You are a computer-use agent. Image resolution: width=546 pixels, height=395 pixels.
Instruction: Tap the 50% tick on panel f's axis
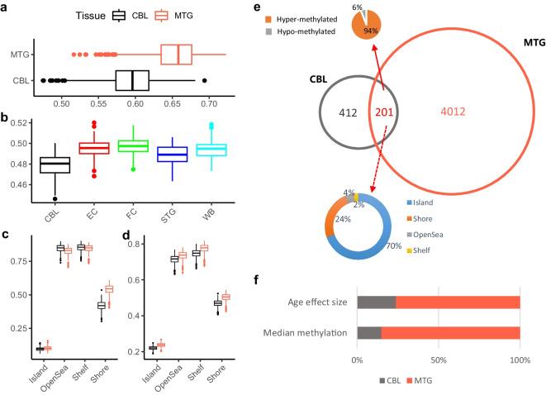(439, 361)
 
